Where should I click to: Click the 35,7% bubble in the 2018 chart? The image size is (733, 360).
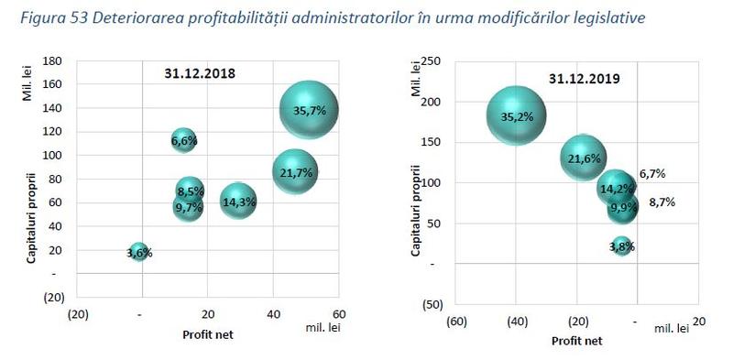309,111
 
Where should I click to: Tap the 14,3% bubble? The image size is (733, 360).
238,202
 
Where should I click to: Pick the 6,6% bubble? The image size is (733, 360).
184,140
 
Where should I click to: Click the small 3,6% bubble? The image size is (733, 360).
138,252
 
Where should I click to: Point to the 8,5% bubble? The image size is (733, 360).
189,191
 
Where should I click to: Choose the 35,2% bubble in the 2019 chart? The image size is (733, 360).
516,116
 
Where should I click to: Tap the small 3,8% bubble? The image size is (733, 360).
622,245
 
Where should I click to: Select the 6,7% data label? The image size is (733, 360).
652,174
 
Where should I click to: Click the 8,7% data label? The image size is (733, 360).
661,202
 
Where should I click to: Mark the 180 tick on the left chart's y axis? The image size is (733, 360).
51,60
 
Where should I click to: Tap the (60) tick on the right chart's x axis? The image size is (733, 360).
455,322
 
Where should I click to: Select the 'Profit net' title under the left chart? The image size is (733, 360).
206,334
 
